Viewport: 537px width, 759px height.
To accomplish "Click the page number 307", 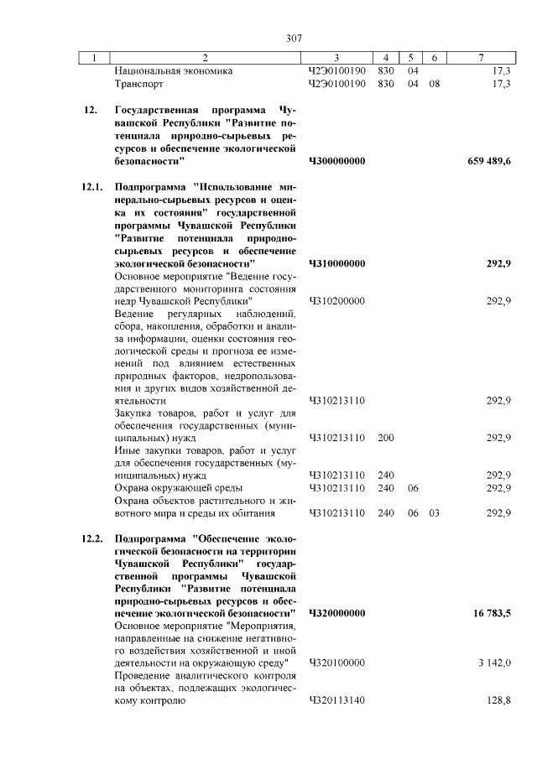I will (294, 38).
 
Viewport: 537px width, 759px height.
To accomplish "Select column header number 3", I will (336, 58).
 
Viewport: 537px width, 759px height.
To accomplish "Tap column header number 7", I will (480, 58).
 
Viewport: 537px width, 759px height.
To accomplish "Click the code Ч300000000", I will (337, 161).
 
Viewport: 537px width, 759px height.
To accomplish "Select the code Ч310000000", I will (337, 264).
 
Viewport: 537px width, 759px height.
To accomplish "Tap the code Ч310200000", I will (336, 300).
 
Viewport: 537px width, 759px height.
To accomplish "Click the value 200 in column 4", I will (386, 438).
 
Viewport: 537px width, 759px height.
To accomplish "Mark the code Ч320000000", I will (337, 614).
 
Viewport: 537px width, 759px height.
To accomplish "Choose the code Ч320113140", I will (336, 700).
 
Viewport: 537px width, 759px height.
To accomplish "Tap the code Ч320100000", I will (336, 663).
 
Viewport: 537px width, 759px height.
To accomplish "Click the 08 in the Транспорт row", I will (434, 85).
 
